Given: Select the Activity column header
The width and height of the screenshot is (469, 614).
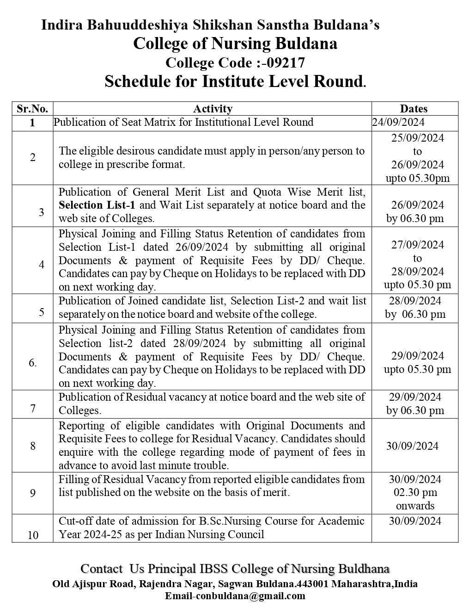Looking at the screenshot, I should coord(213,109).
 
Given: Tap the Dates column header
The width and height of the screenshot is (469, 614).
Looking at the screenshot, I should coord(414,109).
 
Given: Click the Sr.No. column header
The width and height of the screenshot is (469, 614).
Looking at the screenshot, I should coord(32,109).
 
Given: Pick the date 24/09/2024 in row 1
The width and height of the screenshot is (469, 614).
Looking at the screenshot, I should coord(398,122).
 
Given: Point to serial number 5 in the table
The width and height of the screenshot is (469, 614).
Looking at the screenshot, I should coord(42,311).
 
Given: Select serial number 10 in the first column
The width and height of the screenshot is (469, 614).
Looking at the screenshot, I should coord(33,535).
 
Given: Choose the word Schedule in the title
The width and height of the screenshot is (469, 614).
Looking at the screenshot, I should coord(133,81).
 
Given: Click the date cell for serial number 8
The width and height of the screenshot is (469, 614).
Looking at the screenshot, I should coord(413,446).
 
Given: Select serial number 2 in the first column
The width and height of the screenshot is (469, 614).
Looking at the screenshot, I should coord(33,158).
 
